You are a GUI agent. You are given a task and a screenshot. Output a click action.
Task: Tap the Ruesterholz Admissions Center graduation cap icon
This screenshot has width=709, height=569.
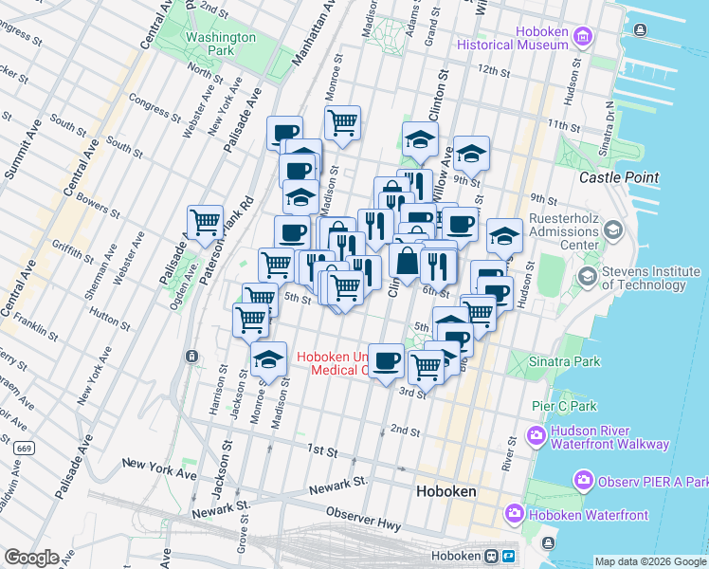click(x=612, y=229)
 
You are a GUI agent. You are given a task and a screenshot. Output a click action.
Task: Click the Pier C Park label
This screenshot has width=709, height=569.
click(x=564, y=406)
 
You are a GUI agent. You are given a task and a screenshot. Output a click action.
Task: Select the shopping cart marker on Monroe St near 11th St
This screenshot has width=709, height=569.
click(x=342, y=122)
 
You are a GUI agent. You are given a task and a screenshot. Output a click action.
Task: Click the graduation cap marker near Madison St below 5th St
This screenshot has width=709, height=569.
click(x=269, y=359)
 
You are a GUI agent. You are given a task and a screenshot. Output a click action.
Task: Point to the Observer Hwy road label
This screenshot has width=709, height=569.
click(x=357, y=513)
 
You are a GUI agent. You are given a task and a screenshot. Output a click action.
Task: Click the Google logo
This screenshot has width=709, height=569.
click(x=31, y=557)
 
